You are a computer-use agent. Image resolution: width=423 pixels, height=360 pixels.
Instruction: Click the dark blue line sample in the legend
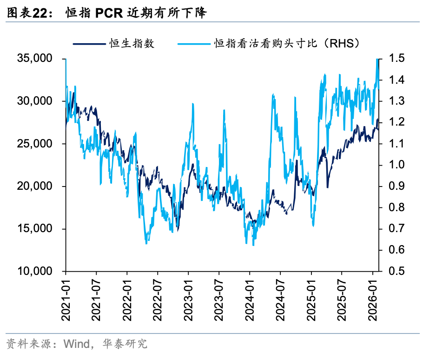88,44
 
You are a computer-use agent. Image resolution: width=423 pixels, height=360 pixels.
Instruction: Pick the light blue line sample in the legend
193,44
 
